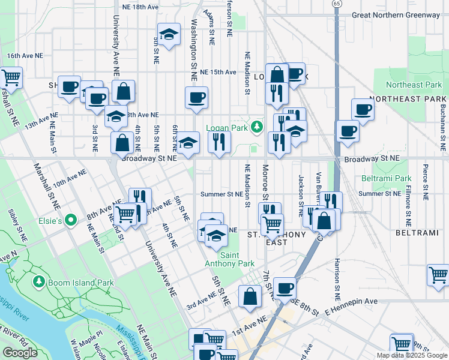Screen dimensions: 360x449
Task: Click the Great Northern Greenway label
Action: click(x=396, y=15)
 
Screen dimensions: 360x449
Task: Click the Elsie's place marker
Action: click(x=70, y=221)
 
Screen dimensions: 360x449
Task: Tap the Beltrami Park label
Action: click(x=387, y=178)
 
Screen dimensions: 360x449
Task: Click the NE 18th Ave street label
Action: click(x=140, y=7)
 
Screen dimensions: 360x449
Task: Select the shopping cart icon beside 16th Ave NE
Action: click(x=11, y=77)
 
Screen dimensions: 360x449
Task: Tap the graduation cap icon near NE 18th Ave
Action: click(x=169, y=34)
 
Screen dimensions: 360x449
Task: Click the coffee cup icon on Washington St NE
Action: click(x=196, y=97)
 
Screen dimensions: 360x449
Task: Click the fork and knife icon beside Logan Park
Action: click(x=219, y=142)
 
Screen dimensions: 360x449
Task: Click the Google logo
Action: click(x=20, y=353)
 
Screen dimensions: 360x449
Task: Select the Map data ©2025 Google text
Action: click(x=411, y=355)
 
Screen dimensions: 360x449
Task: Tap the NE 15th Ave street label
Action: click(x=218, y=72)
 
